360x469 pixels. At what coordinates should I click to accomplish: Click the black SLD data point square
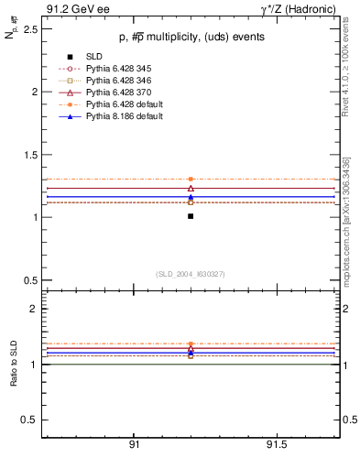coord(191,216)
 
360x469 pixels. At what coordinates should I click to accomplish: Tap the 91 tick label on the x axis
coord(134,444)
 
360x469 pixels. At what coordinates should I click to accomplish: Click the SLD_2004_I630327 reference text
coord(190,274)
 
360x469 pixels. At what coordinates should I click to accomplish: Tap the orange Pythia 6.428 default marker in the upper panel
coord(191,179)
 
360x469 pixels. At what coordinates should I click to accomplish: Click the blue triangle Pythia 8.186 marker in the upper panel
coord(191,196)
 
